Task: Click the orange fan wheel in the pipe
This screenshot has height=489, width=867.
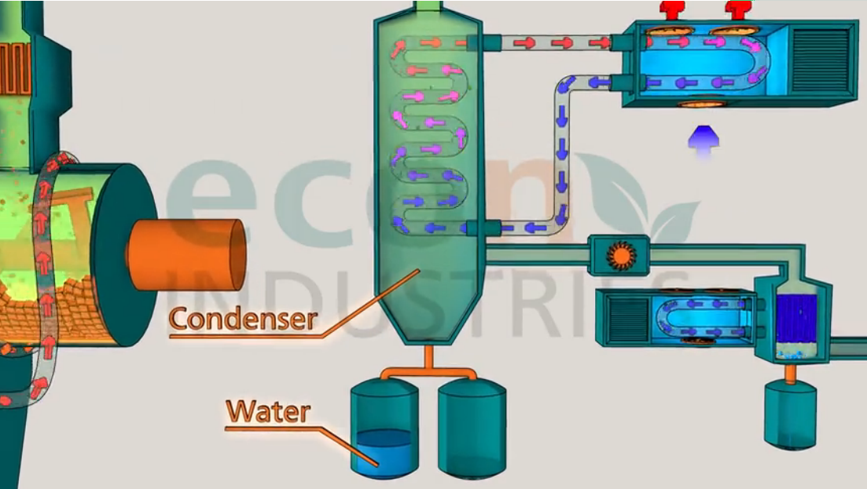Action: click(x=617, y=254)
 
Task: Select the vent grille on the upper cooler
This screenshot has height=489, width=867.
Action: click(x=821, y=61)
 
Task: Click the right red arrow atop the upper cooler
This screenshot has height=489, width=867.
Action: click(x=737, y=9)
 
